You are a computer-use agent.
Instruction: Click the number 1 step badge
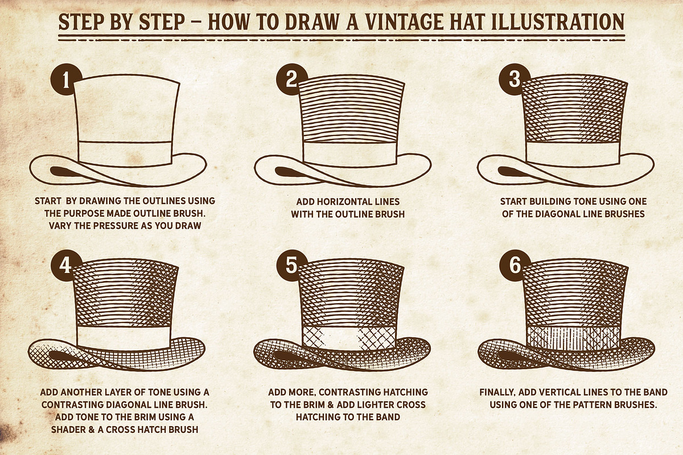click(x=66, y=79)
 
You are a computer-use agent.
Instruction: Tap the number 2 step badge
click(x=291, y=79)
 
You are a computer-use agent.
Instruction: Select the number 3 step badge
click(x=515, y=79)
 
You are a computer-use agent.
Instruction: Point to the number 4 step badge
click(x=66, y=265)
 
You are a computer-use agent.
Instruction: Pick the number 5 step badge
click(x=291, y=265)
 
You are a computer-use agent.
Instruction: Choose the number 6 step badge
click(x=515, y=265)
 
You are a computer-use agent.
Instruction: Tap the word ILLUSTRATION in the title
click(x=558, y=22)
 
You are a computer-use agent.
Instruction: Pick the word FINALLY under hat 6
click(x=497, y=392)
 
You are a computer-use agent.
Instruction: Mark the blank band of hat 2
click(x=350, y=154)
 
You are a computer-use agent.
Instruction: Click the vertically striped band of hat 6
click(x=574, y=338)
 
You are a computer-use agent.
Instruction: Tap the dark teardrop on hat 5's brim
click(x=289, y=356)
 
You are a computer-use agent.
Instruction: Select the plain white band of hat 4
click(x=124, y=338)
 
